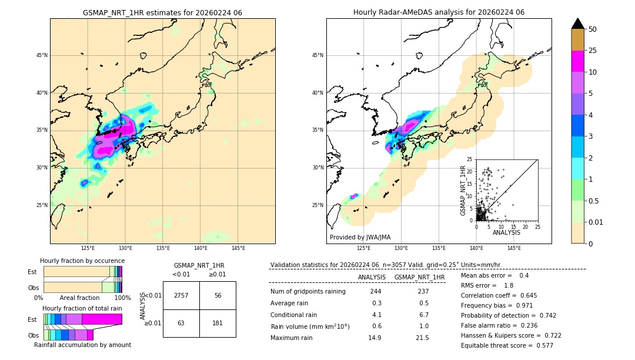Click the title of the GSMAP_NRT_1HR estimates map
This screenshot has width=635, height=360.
162,12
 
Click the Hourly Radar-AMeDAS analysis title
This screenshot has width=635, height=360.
439,12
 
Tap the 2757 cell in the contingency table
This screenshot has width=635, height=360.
181,295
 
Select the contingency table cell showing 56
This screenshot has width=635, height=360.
218,295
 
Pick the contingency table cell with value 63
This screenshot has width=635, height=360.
181,323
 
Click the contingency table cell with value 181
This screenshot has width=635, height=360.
218,323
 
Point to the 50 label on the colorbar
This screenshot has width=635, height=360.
593,29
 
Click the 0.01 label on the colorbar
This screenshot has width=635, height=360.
596,222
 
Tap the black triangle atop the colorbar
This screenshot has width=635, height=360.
578,24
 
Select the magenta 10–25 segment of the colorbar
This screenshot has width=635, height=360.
578,61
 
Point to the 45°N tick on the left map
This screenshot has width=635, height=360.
42,56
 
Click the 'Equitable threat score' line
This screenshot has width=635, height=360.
507,345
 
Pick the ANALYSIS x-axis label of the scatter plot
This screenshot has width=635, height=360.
506,232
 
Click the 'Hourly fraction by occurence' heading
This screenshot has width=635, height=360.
82,261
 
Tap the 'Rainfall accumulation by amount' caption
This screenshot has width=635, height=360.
82,345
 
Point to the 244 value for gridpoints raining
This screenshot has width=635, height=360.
376,292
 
